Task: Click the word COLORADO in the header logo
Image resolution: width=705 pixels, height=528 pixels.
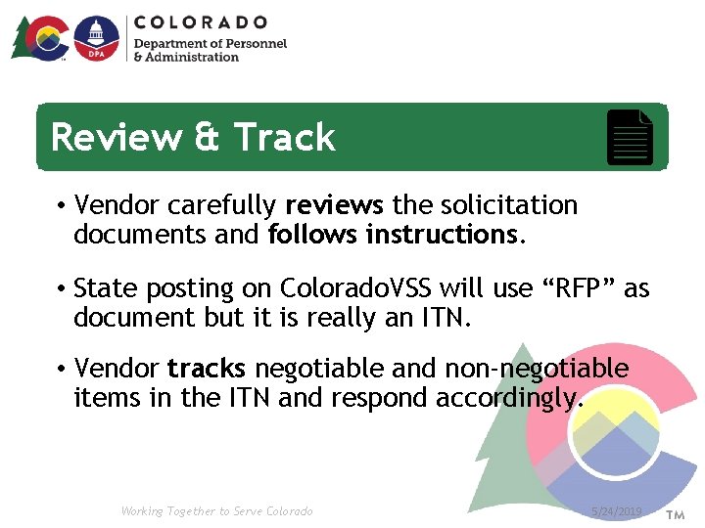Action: pyautogui.click(x=201, y=22)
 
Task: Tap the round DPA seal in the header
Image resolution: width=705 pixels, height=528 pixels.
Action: pyautogui.click(x=96, y=39)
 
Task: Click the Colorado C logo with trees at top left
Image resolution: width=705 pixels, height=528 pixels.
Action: pyautogui.click(x=43, y=39)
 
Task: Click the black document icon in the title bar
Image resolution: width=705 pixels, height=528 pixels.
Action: pyautogui.click(x=631, y=138)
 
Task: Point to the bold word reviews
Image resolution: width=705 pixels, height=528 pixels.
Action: pyautogui.click(x=334, y=205)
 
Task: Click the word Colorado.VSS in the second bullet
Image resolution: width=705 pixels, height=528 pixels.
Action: pyautogui.click(x=356, y=288)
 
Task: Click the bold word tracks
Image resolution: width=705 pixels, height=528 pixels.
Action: pyautogui.click(x=207, y=369)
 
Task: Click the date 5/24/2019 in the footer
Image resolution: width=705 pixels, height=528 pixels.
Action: pyautogui.click(x=617, y=511)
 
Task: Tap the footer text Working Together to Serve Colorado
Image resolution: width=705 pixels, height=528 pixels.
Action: pyautogui.click(x=216, y=511)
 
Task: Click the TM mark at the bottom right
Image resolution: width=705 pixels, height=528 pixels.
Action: pyautogui.click(x=676, y=513)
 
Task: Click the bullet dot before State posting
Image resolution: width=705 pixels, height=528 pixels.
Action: pyautogui.click(x=61, y=289)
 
